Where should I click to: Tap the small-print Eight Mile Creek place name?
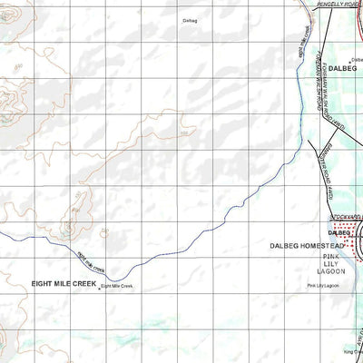(x=117, y=287)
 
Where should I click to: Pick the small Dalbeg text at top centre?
(x=189, y=20)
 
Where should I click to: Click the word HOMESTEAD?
(x=322, y=246)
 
